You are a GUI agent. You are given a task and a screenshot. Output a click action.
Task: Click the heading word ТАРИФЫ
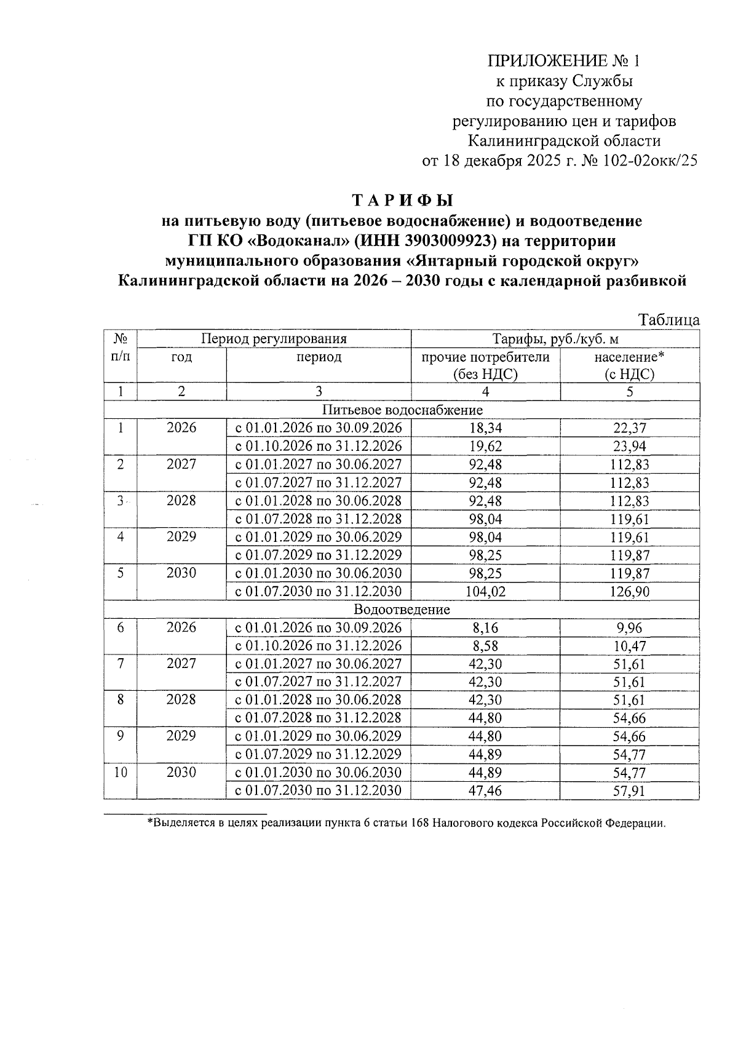point(402,201)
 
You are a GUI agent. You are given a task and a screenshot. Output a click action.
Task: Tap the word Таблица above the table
point(669,320)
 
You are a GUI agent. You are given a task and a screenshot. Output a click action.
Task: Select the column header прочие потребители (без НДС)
point(485,365)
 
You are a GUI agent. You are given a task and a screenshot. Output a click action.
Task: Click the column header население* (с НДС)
point(630,365)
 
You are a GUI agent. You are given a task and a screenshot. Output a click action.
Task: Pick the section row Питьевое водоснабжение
point(402,410)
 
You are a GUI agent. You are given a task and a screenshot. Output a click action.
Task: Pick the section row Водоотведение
point(402,610)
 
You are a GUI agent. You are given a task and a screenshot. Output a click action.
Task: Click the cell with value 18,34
point(485,428)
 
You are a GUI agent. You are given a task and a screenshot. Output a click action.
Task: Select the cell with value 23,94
point(630,447)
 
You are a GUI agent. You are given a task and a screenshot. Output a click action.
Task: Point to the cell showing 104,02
point(485,592)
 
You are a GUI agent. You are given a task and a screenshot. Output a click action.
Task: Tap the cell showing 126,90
point(630,592)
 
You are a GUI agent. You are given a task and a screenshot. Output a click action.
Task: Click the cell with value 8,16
point(485,628)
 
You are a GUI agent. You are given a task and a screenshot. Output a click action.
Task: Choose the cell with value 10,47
point(630,646)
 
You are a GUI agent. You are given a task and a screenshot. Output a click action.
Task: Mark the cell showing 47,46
point(485,790)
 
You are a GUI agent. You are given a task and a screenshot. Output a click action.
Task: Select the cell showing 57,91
point(630,790)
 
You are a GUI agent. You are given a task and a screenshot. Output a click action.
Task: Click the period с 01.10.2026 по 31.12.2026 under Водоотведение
point(319,646)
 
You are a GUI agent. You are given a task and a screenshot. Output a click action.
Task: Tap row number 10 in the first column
point(121,773)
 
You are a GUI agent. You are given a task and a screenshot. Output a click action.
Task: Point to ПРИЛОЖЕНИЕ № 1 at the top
point(563,61)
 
